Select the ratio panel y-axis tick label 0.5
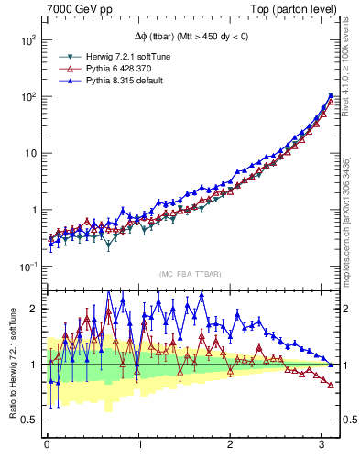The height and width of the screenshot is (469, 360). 27,420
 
